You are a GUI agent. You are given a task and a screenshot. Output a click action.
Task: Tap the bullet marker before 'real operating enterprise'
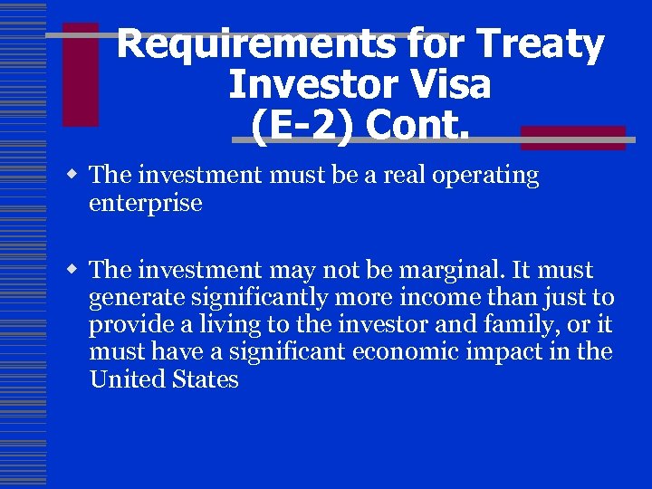click(x=77, y=175)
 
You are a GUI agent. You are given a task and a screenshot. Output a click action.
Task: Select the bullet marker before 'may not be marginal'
click(x=77, y=270)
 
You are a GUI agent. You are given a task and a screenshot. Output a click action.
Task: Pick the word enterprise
click(x=145, y=203)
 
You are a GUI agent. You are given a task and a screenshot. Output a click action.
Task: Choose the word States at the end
click(x=204, y=379)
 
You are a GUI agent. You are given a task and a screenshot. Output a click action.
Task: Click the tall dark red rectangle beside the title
click(x=80, y=74)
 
